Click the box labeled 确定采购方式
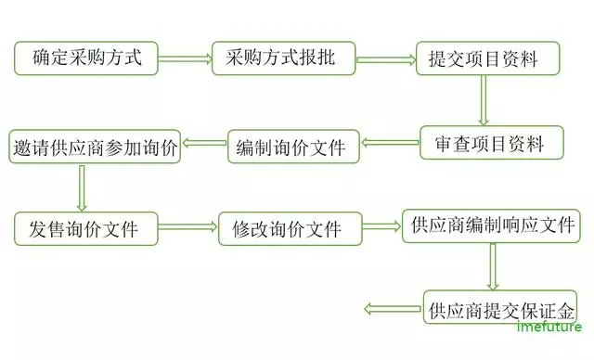point(85,58)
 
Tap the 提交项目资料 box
point(489,60)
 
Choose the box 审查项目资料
point(493,144)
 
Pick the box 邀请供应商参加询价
point(96,147)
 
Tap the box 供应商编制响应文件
point(490,225)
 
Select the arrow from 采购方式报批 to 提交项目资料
point(385,60)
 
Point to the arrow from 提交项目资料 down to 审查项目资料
point(483,100)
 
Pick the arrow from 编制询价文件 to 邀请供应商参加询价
point(204,144)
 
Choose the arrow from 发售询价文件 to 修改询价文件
point(188,227)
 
